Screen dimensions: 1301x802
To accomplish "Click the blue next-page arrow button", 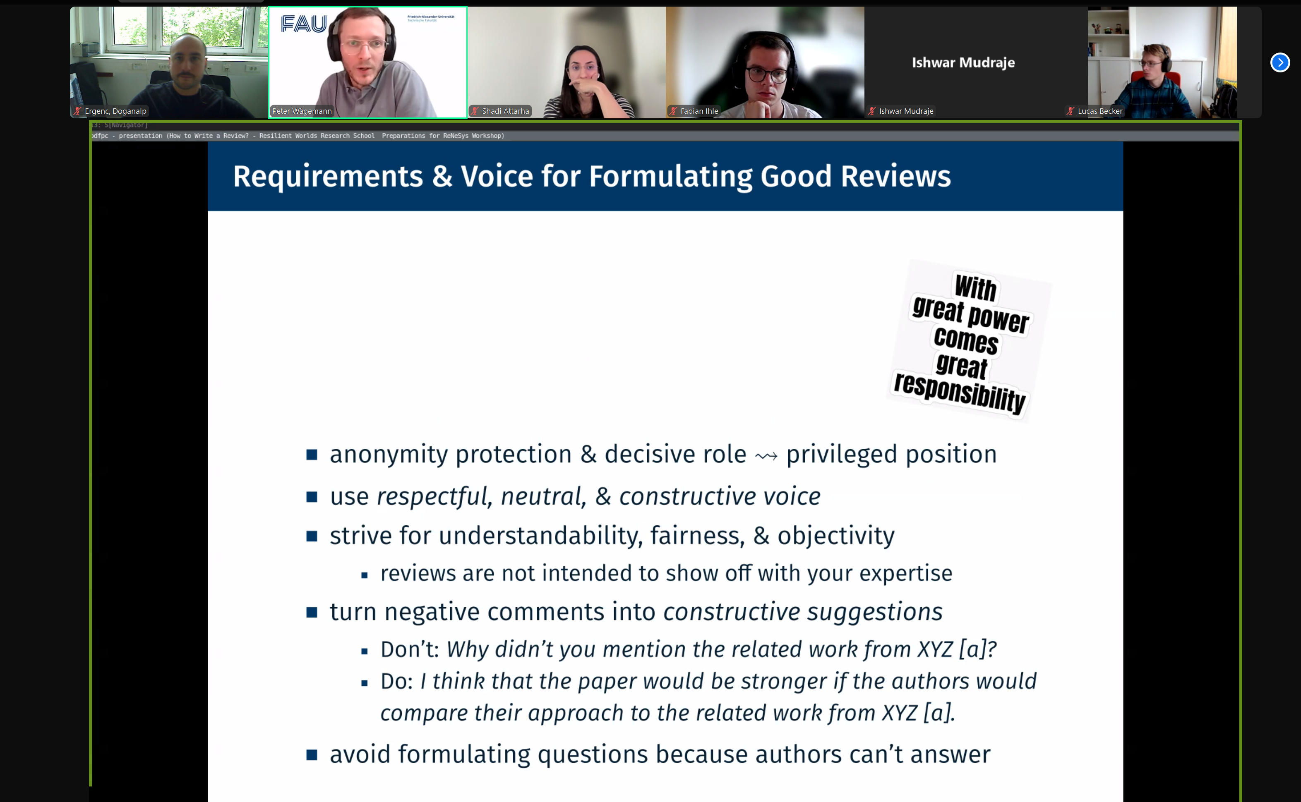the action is coord(1280,62).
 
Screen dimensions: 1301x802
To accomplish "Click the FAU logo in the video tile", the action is coord(303,24).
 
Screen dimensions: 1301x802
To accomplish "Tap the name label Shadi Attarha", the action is coord(505,111).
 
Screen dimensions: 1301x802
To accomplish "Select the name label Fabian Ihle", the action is coord(699,111).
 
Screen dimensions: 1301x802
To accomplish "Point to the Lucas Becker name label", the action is coord(1100,111).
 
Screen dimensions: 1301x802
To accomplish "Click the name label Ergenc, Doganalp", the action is coord(115,111).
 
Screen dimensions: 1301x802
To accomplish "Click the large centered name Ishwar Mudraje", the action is coord(963,62).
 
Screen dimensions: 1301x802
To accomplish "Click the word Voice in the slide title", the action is coord(497,176).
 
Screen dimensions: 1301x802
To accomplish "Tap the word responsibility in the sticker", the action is coord(959,393).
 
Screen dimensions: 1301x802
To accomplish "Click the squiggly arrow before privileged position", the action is coord(766,456).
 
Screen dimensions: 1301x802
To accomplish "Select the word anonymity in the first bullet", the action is coord(389,455).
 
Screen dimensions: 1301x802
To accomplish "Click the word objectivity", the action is coord(835,536).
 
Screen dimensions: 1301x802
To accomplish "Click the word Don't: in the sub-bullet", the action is coord(410,649).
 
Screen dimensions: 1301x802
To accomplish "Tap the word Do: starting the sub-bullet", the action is coord(396,681).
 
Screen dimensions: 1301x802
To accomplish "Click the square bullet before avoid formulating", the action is coord(312,754).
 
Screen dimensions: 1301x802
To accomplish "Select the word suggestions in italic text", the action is coord(874,612).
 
